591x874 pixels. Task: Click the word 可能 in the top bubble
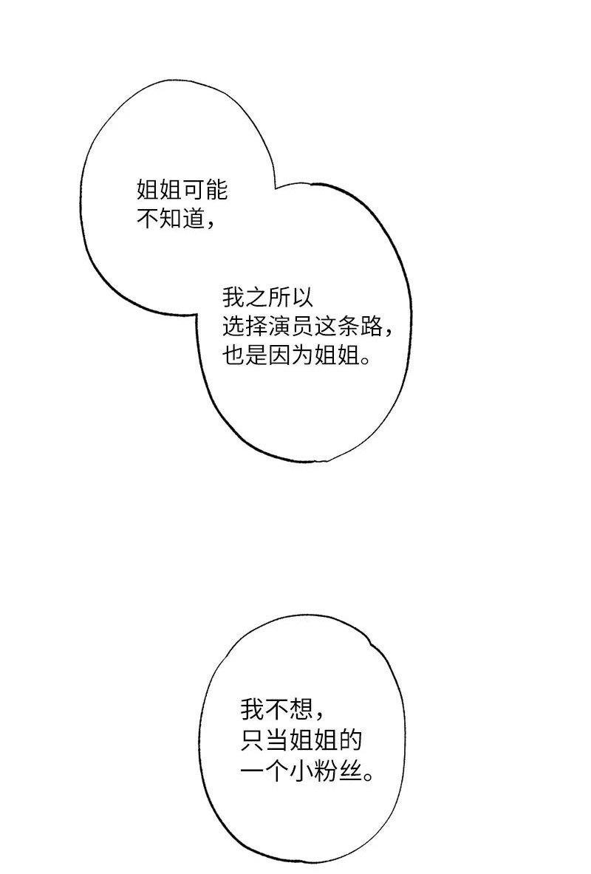click(205, 191)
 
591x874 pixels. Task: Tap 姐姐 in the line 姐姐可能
click(160, 191)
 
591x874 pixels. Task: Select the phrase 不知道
click(171, 219)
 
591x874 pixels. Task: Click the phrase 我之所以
click(267, 298)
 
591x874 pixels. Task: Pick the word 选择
click(245, 327)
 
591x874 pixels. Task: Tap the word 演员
click(290, 327)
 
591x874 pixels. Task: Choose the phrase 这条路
click(348, 327)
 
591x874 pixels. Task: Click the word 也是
click(245, 356)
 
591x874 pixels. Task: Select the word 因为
click(290, 356)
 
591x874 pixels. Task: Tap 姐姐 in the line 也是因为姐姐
click(336, 356)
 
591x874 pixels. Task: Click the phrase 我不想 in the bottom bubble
click(274, 710)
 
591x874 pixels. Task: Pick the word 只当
click(263, 740)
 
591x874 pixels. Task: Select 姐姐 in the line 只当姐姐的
click(309, 740)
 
